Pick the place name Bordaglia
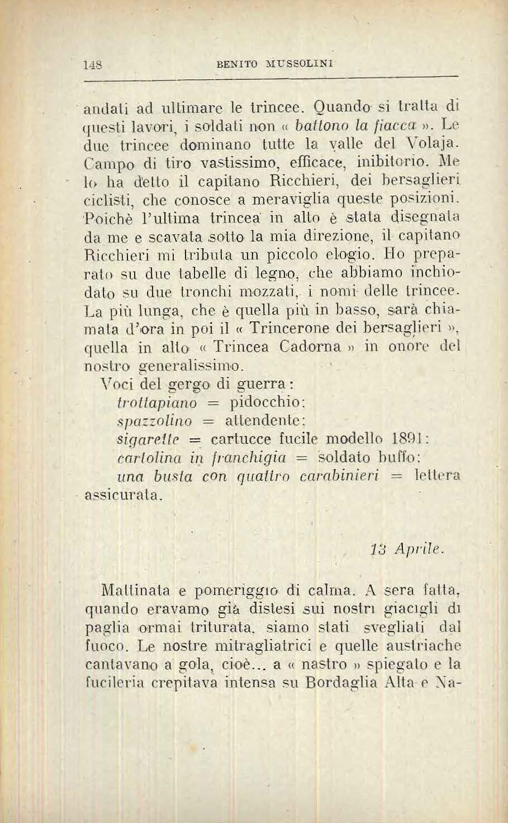337,683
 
